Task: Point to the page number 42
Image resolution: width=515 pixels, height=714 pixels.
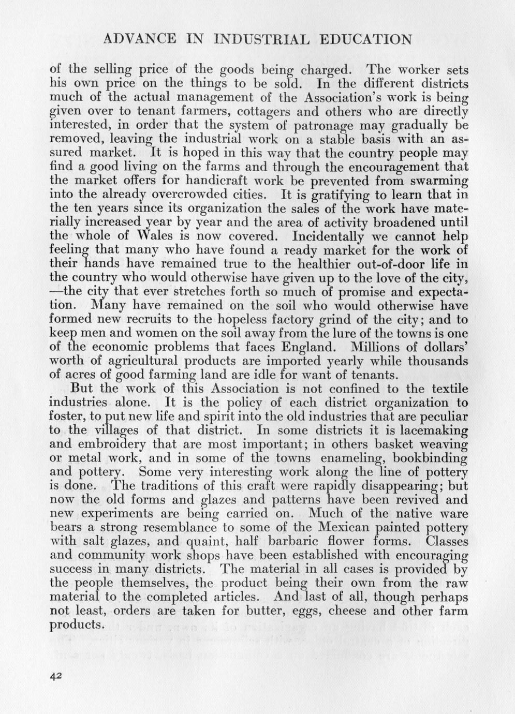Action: (56, 676)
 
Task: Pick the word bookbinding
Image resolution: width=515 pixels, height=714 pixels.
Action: (430, 458)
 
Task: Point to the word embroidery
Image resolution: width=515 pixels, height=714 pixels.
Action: (117, 444)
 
